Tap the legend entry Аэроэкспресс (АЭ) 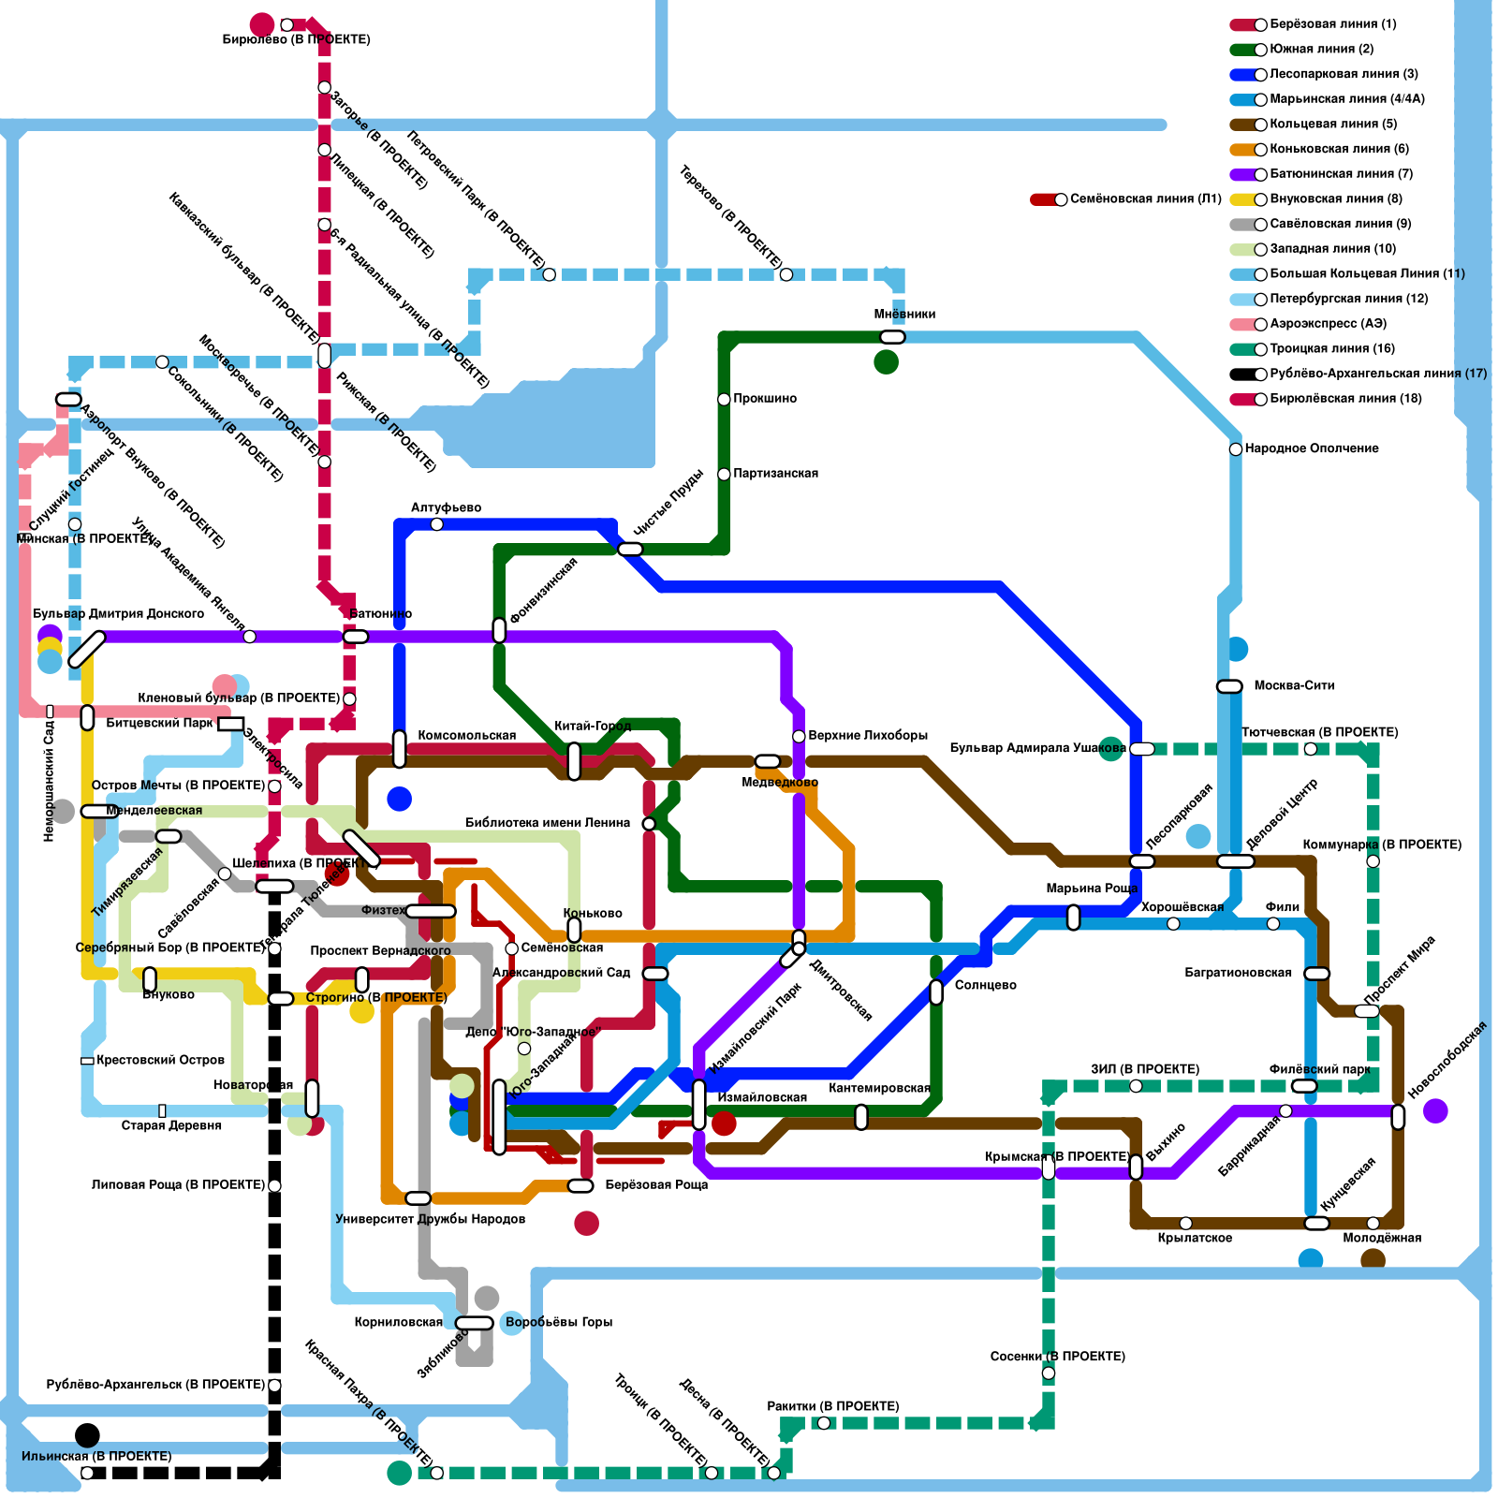(1328, 324)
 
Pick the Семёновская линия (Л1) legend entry (1145, 199)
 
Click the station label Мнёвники (904, 315)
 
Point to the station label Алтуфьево (446, 507)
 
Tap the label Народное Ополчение (1311, 448)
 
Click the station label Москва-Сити (1294, 685)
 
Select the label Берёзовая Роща (656, 1185)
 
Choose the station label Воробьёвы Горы (559, 1323)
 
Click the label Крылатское (1195, 1239)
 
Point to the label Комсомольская (466, 736)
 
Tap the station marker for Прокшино (724, 400)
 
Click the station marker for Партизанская (724, 475)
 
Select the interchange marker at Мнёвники (892, 337)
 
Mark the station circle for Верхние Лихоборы (799, 737)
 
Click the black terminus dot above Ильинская (87, 1435)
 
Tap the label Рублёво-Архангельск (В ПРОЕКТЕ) (155, 1385)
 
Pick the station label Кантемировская (878, 1088)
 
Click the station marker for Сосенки (1049, 1373)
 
